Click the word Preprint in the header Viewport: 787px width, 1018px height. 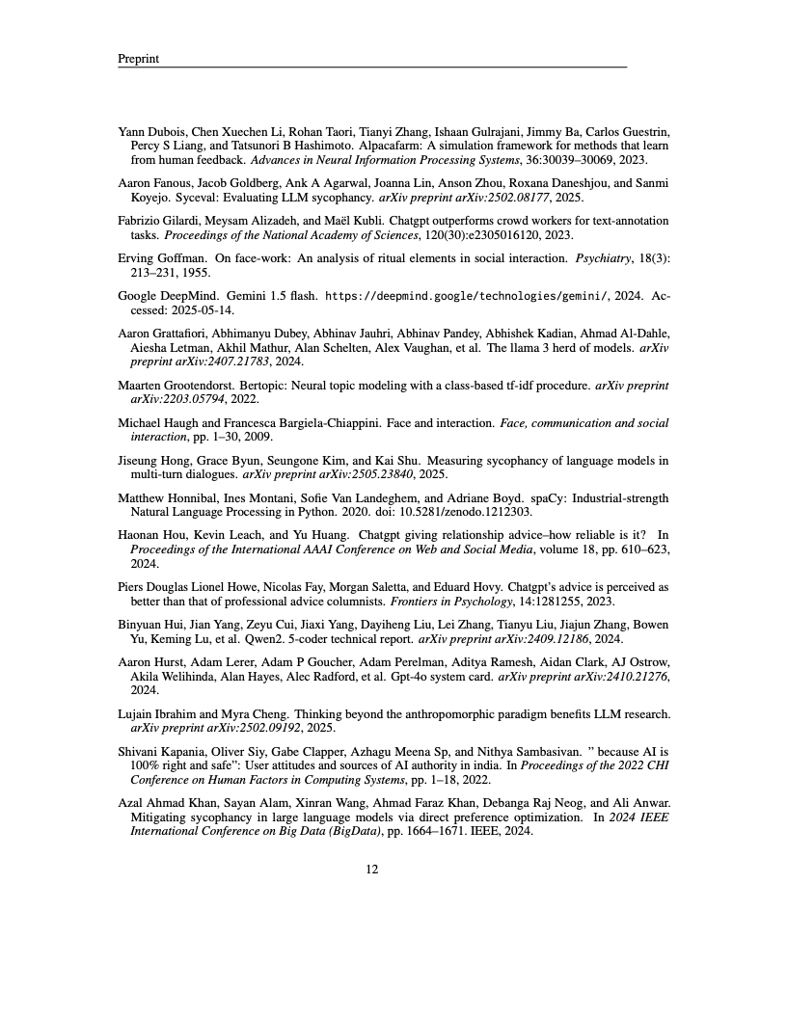point(138,59)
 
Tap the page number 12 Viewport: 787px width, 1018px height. point(371,869)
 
